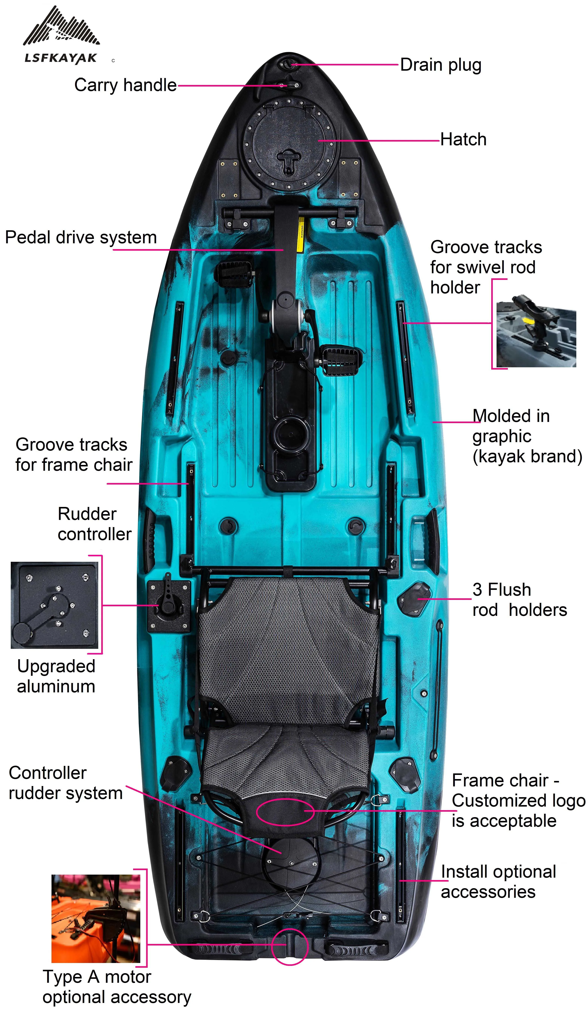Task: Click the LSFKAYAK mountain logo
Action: (x=61, y=34)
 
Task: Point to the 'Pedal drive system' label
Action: (x=81, y=237)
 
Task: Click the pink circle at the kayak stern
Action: (x=289, y=947)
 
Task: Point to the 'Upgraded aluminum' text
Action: (x=56, y=676)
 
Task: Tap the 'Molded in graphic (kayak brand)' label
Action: (x=527, y=436)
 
